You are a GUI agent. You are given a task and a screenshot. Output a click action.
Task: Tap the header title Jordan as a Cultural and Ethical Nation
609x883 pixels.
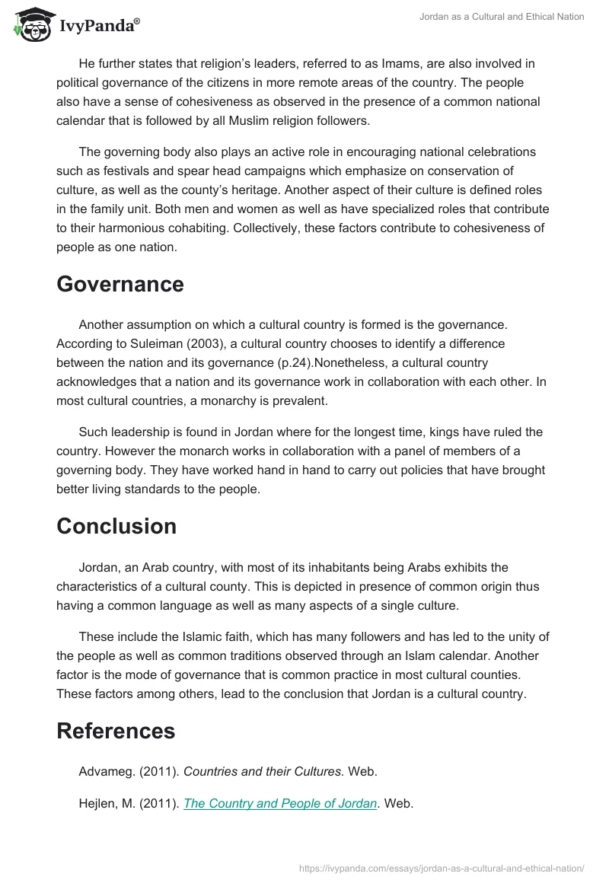pos(502,17)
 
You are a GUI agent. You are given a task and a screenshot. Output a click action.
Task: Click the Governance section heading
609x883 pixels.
pos(120,284)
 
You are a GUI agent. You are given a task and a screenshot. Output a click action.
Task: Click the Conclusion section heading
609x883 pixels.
pos(116,526)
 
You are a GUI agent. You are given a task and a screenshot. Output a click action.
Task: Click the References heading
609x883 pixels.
pos(116,731)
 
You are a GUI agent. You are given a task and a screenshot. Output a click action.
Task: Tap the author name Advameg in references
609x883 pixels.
pos(107,772)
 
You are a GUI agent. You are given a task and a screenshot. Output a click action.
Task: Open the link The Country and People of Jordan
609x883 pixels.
pos(281,804)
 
